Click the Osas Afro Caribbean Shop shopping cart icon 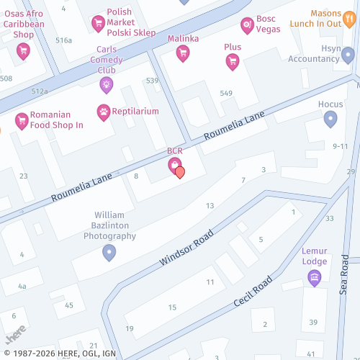click(x=23, y=51)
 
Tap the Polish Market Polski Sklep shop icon click(x=98, y=24)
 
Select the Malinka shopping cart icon click(x=183, y=53)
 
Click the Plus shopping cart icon click(x=232, y=62)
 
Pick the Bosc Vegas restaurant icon click(x=248, y=25)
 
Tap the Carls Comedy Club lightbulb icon click(x=106, y=84)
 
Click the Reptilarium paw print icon click(x=104, y=112)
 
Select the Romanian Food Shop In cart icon click(x=21, y=120)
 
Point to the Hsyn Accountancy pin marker click(x=348, y=55)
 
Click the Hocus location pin click(x=330, y=119)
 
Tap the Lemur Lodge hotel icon click(x=314, y=277)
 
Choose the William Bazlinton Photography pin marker click(x=109, y=252)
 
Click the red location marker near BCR click(x=180, y=172)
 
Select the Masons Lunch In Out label click(x=336, y=19)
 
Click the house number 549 click(x=226, y=94)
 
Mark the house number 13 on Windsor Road click(x=210, y=206)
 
